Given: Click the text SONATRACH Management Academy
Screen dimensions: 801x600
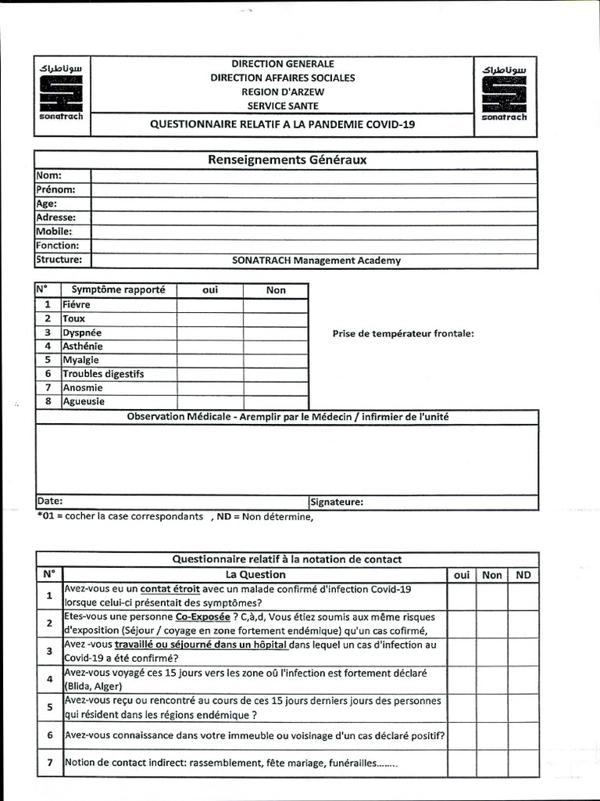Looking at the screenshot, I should pos(316,260).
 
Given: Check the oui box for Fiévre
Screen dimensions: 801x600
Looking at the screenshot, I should pos(209,304).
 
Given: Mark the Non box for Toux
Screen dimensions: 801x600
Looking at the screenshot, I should pos(275,318).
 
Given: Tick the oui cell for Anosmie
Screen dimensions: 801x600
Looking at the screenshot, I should pos(209,387).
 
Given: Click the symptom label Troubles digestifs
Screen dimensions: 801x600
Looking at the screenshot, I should pos(103,374).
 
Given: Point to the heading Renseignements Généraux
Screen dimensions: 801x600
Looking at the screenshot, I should pos(287,160).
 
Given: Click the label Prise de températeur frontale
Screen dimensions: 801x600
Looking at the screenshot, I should pos(403,334).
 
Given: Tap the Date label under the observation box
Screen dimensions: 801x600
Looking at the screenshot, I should pos(50,501).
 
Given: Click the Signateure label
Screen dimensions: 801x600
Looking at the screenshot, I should pos(337,502).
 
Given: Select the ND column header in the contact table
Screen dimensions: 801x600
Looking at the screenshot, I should pos(523,575).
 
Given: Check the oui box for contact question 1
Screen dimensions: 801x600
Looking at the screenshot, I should pos(461,596).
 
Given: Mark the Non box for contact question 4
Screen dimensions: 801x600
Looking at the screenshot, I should pos(492,680).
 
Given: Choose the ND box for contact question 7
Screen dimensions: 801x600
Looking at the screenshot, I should pos(523,763).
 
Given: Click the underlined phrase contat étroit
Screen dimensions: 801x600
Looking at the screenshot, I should pos(170,589).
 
